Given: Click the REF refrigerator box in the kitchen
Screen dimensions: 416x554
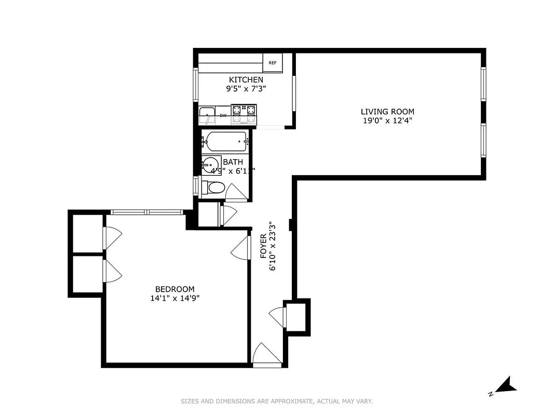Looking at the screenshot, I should tap(273, 63).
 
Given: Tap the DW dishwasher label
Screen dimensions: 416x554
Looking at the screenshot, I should tap(223, 115).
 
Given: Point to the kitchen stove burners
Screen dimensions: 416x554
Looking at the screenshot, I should tap(244, 110).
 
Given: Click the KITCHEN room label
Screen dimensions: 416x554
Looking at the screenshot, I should tap(246, 80).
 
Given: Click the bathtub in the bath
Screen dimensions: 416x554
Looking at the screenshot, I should tap(226, 140).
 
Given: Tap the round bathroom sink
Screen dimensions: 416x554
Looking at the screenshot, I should tap(211, 166).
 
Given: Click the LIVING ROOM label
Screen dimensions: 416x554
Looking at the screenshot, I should tap(387, 111).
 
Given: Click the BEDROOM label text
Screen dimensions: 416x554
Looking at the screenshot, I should tap(174, 289).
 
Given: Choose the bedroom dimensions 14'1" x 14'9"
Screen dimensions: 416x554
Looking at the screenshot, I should tap(174, 298).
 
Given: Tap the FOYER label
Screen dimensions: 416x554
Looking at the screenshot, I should tap(263, 246).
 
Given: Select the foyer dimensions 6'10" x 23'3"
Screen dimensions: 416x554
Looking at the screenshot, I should tap(272, 246).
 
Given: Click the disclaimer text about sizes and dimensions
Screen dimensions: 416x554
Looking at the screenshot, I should tap(277, 401).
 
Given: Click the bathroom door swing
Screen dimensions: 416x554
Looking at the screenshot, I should tap(237, 193).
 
